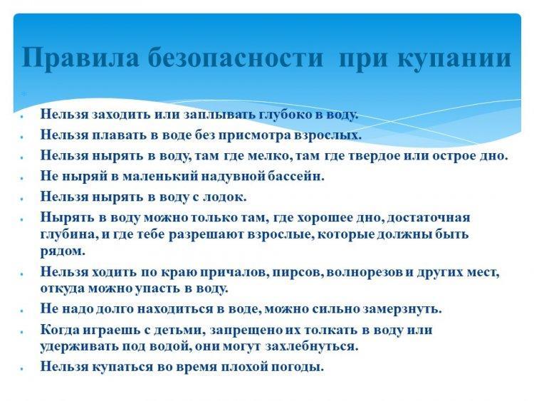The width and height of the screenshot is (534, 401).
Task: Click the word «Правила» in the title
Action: tap(80, 57)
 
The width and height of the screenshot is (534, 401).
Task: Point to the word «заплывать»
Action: tap(219, 115)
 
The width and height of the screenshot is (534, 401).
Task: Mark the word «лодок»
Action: tap(224, 197)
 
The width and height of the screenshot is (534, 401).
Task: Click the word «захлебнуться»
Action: tap(312, 346)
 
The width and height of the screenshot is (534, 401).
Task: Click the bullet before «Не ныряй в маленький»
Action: tap(21, 178)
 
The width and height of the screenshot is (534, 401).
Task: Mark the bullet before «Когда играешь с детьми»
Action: tap(21, 331)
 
